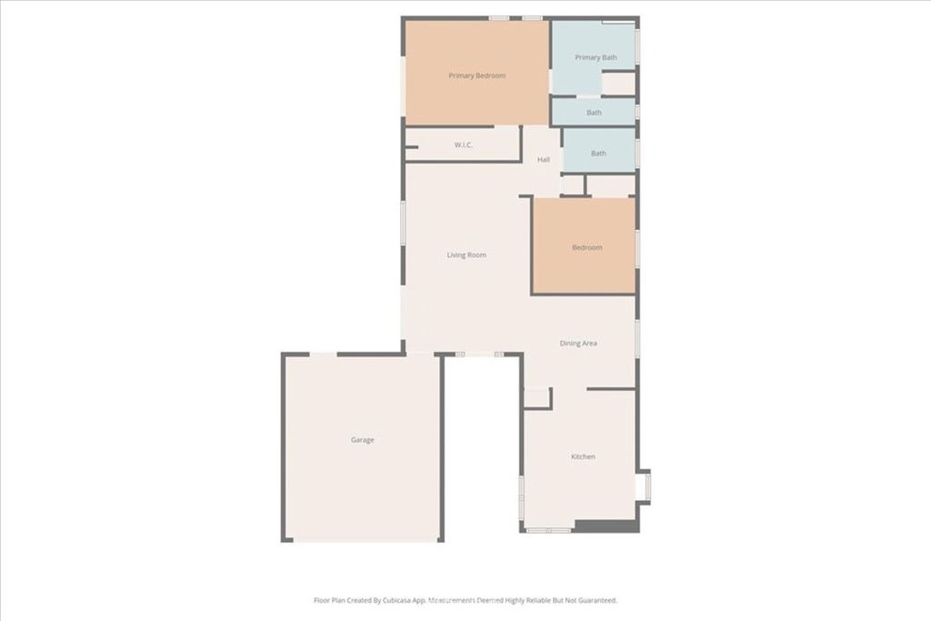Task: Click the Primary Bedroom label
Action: (476, 75)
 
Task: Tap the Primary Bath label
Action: (596, 57)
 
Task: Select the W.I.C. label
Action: (463, 145)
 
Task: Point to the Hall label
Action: (544, 160)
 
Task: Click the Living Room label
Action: (466, 255)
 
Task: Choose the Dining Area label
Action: (578, 343)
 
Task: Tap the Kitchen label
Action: (583, 456)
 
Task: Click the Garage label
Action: (362, 440)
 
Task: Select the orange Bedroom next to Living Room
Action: (585, 245)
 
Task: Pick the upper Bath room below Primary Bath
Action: (594, 112)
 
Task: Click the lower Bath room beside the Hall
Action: (598, 151)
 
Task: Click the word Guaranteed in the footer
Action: (596, 600)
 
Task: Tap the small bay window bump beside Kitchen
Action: (643, 486)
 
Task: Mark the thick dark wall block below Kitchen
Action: (606, 526)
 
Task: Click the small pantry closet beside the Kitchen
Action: (536, 397)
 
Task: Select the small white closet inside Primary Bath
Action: (618, 83)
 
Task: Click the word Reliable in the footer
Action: (538, 600)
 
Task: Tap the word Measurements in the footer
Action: (454, 600)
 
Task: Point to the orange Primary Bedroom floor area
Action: (476, 73)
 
